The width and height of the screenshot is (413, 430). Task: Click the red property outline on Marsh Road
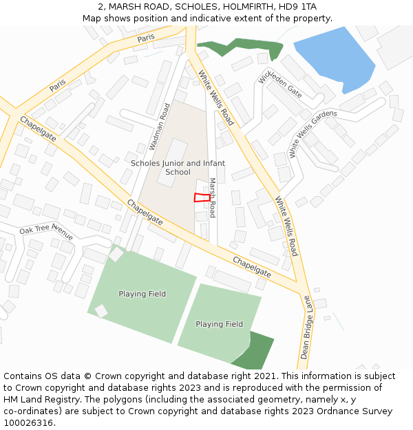click(x=202, y=197)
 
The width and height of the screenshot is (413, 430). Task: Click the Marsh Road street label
click(x=213, y=198)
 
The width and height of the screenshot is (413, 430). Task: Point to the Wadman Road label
click(x=160, y=127)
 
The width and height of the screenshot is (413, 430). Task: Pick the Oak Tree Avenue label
click(x=46, y=233)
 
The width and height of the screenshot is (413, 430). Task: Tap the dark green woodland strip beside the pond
click(x=241, y=47)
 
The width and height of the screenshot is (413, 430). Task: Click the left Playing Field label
click(x=142, y=294)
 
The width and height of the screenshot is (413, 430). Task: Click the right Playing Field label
click(x=219, y=324)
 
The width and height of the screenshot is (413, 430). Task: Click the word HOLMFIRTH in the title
click(x=240, y=6)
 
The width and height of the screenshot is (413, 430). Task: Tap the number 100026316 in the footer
click(x=28, y=423)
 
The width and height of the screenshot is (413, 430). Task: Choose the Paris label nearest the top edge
click(x=145, y=39)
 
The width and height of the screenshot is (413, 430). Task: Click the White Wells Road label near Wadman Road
click(x=216, y=98)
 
